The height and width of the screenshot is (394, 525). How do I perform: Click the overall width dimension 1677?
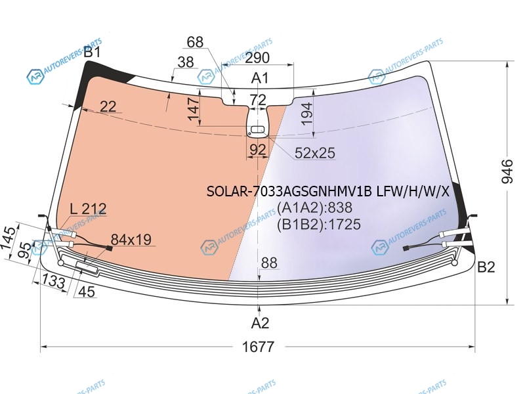click(x=258, y=347)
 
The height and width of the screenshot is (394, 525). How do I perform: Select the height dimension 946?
click(x=507, y=171)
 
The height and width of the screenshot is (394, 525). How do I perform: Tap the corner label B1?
click(x=92, y=52)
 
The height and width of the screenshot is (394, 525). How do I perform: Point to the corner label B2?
click(x=486, y=267)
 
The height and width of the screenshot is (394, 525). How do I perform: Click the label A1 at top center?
click(x=260, y=77)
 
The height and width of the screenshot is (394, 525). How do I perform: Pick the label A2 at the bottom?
click(x=260, y=323)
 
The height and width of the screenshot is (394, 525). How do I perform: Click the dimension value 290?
click(x=257, y=58)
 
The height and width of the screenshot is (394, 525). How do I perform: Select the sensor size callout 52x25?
click(x=315, y=153)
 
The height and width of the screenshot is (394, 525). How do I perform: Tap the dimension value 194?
click(x=306, y=114)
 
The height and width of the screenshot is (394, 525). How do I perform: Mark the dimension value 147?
click(x=194, y=109)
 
